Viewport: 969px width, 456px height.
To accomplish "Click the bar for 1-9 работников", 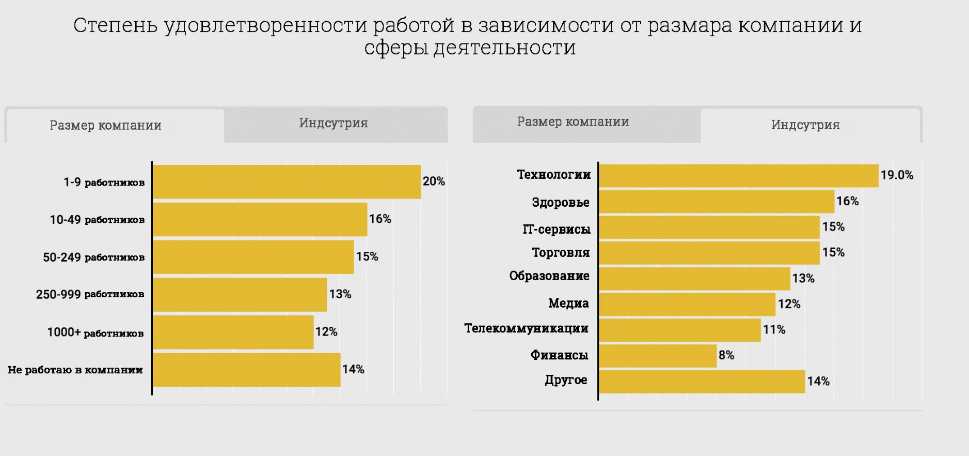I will click(287, 181).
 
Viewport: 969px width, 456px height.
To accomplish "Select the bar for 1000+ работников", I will click(233, 332).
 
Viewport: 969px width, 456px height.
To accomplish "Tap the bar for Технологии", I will click(738, 176).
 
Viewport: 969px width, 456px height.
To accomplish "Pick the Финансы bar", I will click(658, 356).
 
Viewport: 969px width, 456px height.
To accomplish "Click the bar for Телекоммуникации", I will click(679, 330).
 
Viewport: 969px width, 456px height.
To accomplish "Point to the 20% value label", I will click(434, 181).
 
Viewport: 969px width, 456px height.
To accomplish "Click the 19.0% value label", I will click(897, 175).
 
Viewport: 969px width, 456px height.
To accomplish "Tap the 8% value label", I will click(726, 355).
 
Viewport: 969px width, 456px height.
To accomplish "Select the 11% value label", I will click(774, 330).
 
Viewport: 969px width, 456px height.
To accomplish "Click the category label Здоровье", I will click(561, 202).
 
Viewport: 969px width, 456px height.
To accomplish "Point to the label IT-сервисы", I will click(557, 229).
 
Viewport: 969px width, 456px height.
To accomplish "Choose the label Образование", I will click(549, 276).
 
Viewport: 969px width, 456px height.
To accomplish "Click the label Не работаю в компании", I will click(75, 370).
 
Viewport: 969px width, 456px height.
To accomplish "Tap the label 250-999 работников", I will click(90, 294).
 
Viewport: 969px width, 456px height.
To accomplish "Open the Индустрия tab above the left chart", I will click(333, 124).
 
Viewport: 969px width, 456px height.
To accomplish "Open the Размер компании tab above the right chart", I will click(573, 122).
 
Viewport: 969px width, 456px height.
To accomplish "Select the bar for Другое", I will click(702, 382).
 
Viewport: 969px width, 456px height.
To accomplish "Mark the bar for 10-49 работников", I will click(260, 219).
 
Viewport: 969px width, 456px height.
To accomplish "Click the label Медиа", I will click(568, 303).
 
